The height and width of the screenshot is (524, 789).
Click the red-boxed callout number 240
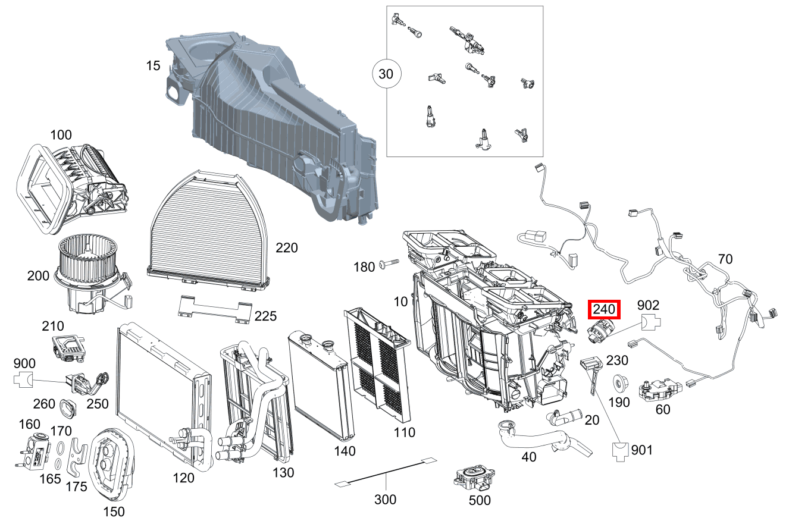pos(604,310)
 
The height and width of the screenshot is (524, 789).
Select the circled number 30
pos(387,74)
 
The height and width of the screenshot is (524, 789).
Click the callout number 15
pos(154,65)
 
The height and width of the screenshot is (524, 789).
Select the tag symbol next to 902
pos(650,325)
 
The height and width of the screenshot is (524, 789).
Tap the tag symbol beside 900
pos(24,379)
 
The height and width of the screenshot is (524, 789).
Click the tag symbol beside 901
pos(620,451)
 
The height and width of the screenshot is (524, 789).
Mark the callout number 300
pos(385,500)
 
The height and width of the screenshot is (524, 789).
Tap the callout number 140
pos(345,451)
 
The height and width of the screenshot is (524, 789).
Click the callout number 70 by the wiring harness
pos(725,259)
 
